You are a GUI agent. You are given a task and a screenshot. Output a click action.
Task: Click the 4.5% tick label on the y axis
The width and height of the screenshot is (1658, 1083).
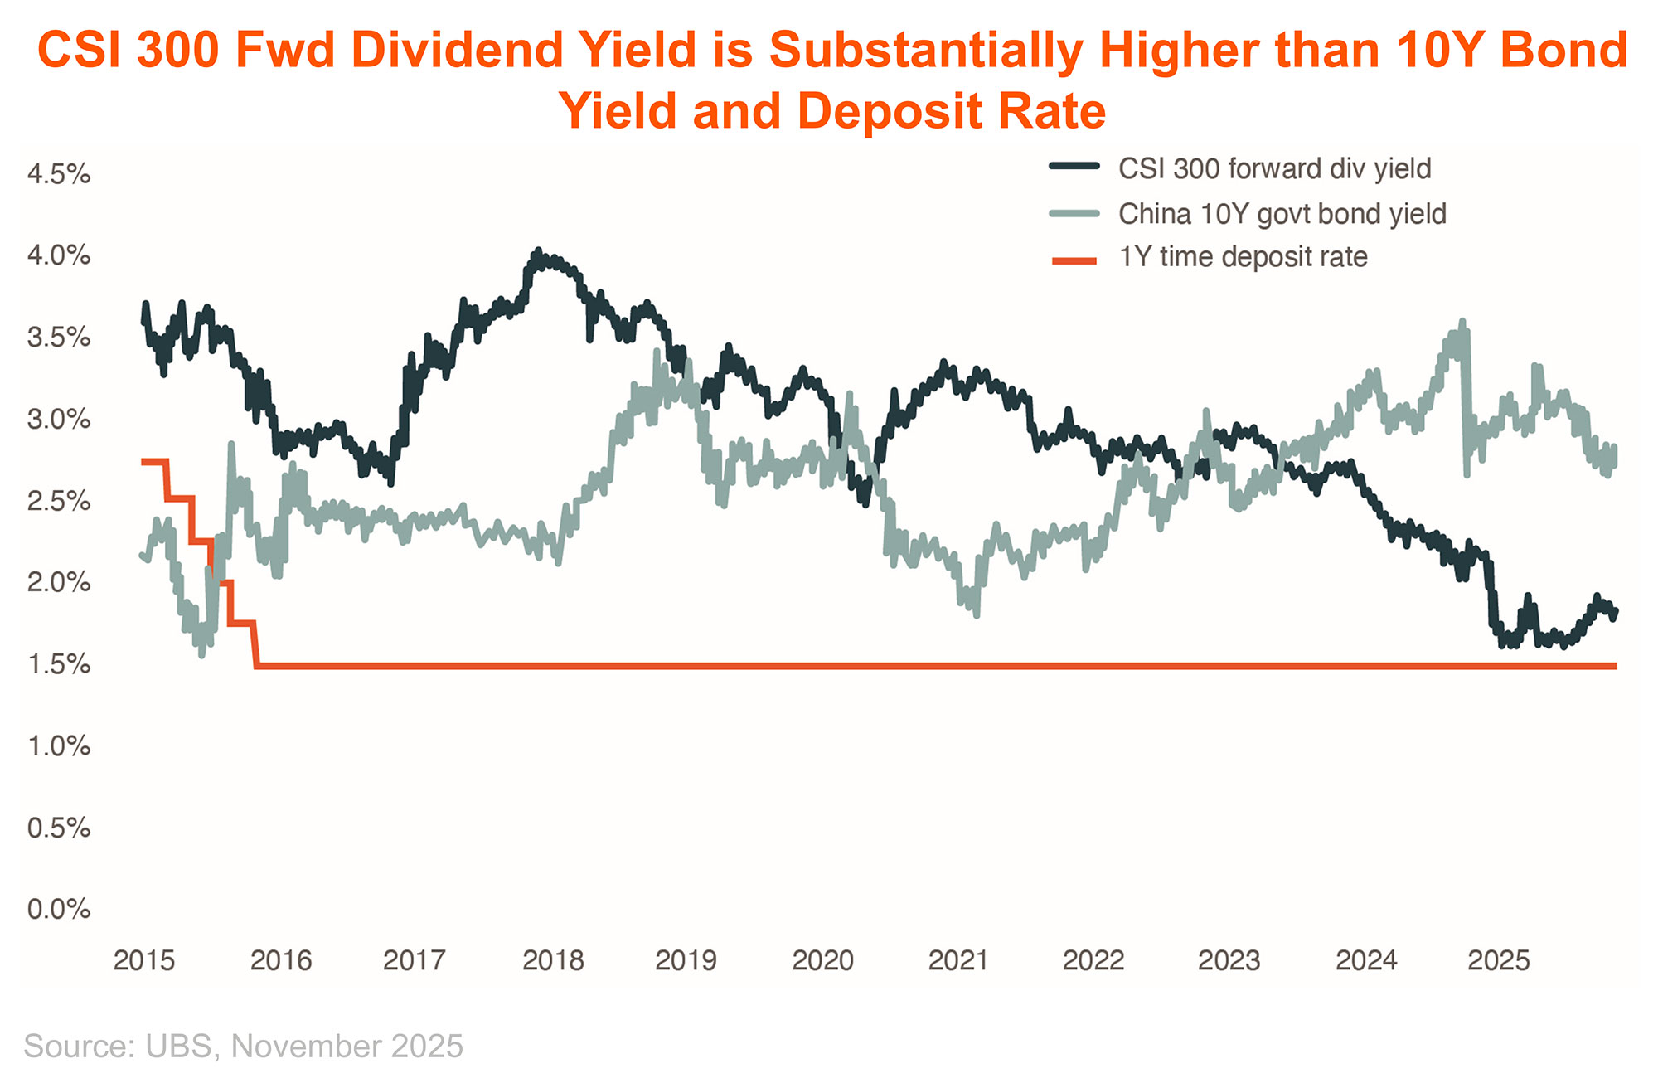click(x=58, y=174)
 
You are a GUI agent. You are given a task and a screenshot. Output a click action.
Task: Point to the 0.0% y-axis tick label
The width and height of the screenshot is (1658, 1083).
click(x=58, y=909)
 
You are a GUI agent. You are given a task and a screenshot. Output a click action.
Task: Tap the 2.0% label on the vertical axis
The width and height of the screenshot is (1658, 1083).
click(x=58, y=582)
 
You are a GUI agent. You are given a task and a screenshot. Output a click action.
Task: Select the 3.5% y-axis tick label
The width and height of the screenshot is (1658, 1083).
click(x=58, y=338)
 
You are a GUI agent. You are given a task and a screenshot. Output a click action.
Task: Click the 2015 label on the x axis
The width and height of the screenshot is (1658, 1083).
click(x=143, y=960)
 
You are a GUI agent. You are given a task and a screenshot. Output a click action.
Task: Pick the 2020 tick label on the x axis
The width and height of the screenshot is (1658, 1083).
click(x=822, y=960)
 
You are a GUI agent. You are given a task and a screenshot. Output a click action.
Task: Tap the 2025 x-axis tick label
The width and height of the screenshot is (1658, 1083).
click(x=1498, y=960)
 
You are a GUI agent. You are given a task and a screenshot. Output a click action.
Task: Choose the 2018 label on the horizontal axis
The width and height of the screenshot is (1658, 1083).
click(x=553, y=960)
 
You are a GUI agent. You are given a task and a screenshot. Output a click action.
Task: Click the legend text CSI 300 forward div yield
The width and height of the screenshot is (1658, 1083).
click(x=1274, y=169)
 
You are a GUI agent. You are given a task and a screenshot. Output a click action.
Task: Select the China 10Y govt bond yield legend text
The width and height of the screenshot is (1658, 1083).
click(x=1282, y=214)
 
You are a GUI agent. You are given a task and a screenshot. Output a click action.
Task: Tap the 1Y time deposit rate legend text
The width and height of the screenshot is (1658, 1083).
click(x=1243, y=257)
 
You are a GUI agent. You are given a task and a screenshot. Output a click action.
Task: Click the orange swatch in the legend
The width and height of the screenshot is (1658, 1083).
click(x=1074, y=261)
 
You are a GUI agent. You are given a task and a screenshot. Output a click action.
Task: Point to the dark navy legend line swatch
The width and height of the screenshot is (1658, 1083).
click(x=1074, y=166)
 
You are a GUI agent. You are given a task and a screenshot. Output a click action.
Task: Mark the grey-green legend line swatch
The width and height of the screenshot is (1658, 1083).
click(x=1074, y=213)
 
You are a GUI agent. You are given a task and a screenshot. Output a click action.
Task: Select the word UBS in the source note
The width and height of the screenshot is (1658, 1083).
click(x=178, y=1047)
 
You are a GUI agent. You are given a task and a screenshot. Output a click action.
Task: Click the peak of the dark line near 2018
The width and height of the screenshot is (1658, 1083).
click(x=537, y=251)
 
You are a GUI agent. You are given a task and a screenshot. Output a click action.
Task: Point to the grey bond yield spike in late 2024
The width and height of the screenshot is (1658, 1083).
click(x=1462, y=323)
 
